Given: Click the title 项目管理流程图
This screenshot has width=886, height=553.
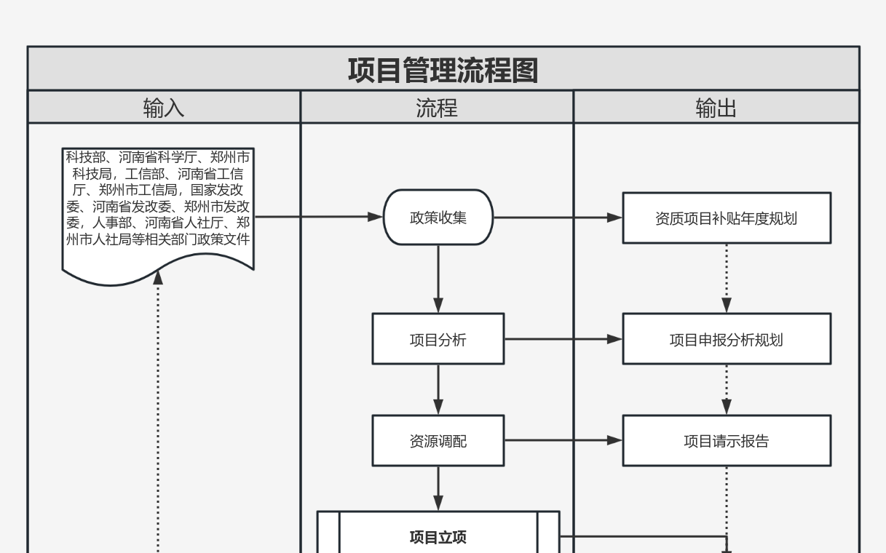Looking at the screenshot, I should click(x=443, y=71).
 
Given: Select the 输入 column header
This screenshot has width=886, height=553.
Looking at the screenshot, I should click(x=164, y=108).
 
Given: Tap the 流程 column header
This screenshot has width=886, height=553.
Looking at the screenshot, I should click(x=437, y=108).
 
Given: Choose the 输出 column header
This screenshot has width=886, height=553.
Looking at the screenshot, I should click(x=716, y=108).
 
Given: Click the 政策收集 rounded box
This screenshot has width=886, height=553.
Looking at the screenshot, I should click(x=438, y=217).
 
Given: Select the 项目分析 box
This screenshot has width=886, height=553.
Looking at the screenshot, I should click(x=438, y=339).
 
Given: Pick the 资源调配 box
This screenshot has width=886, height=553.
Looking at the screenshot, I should click(x=438, y=441).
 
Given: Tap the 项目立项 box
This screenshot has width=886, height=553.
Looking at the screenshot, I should click(x=438, y=537).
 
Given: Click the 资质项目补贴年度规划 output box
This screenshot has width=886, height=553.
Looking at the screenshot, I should click(x=727, y=218).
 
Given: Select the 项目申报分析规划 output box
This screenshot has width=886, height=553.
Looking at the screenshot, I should click(x=727, y=339).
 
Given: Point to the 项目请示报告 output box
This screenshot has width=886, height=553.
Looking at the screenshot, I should click(x=727, y=441).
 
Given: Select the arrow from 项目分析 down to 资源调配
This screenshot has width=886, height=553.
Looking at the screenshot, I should click(x=438, y=389).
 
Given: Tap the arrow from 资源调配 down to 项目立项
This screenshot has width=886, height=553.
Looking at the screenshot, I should click(x=438, y=488).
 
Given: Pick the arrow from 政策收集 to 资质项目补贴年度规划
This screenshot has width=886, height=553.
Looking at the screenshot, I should click(x=558, y=217).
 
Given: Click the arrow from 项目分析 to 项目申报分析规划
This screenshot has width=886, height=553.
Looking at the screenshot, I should click(x=563, y=339).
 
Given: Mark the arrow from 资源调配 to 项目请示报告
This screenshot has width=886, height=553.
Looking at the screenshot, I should click(x=563, y=440).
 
